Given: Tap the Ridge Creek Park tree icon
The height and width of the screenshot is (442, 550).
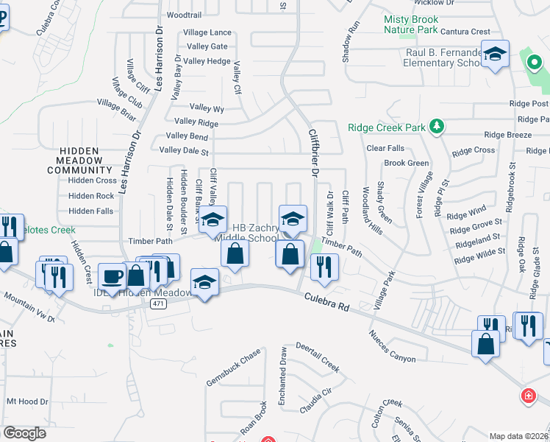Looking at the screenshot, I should coord(437,127).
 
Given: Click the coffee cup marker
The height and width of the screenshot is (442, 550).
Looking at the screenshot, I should coord(113,277).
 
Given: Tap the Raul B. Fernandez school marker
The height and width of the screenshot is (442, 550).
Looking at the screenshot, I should coord(496,55).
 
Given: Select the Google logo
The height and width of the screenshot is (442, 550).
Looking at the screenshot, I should coord(24,433).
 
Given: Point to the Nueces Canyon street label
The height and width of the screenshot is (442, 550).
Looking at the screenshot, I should coord(392,346).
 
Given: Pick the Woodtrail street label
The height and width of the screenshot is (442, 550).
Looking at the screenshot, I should coord(184,15).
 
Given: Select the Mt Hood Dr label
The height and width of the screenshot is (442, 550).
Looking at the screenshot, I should coord(26,401).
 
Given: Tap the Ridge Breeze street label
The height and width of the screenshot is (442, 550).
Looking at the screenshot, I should coord(507,135).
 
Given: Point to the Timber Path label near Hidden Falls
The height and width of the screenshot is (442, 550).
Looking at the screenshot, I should coord(149,240).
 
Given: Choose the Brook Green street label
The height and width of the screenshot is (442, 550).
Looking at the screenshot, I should coord(406,163).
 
